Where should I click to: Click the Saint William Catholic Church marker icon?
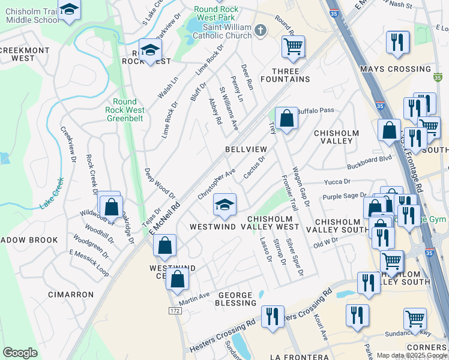260,29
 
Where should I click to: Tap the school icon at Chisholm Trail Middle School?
70,10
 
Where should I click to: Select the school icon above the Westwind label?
224,205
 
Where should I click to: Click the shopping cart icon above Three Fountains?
293,46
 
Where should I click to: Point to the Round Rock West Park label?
217,13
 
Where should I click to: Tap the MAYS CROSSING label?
395,69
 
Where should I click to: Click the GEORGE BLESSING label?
237,299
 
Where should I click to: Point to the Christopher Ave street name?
217,184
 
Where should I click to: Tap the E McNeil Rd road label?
166,217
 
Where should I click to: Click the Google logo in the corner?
20,353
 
